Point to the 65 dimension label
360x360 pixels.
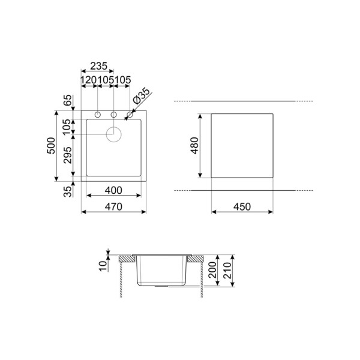pyautogui.click(x=67, y=100)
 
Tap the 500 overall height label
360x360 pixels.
pyautogui.click(x=52, y=146)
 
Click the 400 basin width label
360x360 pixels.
pyautogui.click(x=113, y=190)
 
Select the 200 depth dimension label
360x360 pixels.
pyautogui.click(x=211, y=273)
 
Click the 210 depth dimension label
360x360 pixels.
pyautogui.click(x=226, y=273)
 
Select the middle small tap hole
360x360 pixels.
pyautogui.click(x=113, y=114)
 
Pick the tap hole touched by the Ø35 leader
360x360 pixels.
pyautogui.click(x=129, y=114)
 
